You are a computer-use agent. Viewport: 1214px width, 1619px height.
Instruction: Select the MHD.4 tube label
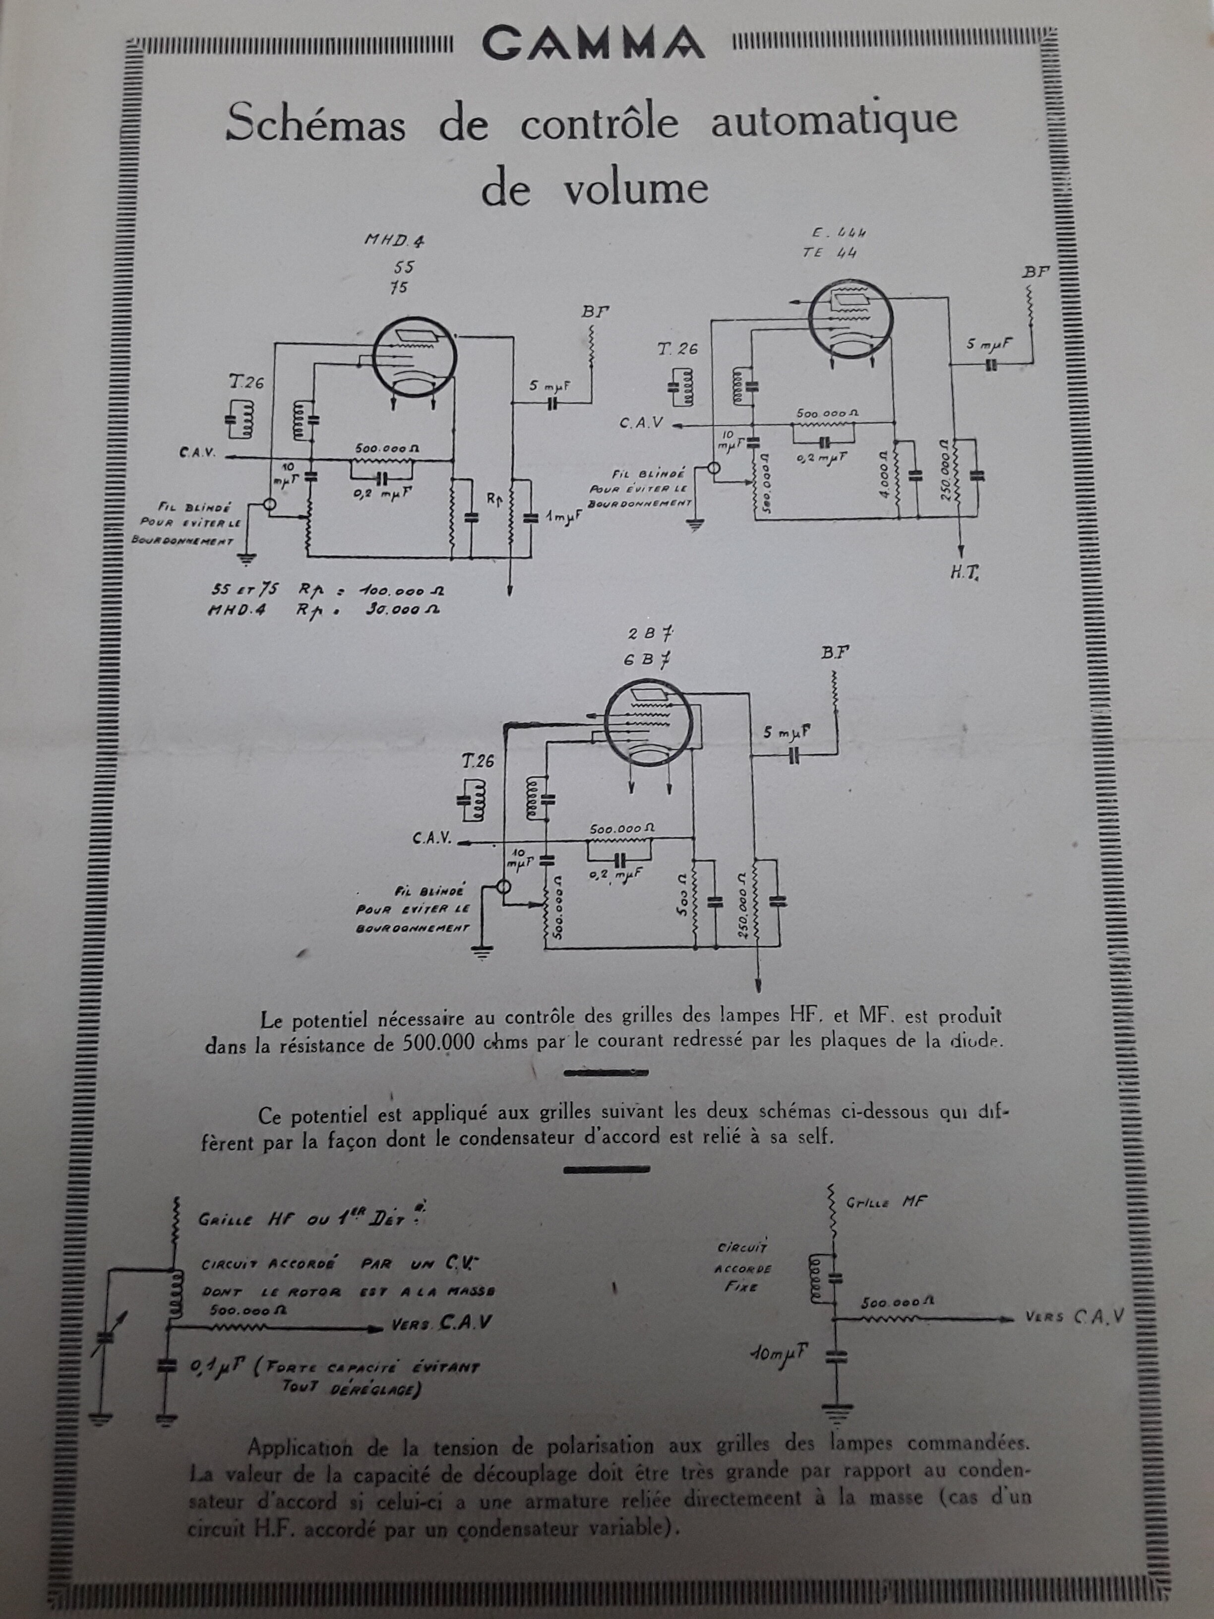(395, 240)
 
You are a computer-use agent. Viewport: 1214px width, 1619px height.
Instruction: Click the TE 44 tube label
(829, 253)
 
